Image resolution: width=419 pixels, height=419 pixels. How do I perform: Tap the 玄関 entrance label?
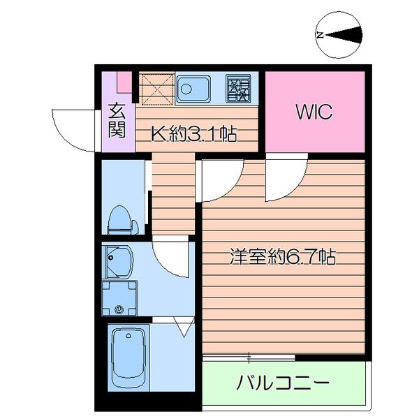[117, 119]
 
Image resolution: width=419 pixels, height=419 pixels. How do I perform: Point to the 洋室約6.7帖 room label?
[284, 257]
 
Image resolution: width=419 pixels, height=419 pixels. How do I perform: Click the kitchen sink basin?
[192, 89]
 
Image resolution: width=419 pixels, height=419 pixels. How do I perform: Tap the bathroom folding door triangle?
[185, 326]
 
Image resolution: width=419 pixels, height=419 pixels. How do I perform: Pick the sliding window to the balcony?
[249, 358]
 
